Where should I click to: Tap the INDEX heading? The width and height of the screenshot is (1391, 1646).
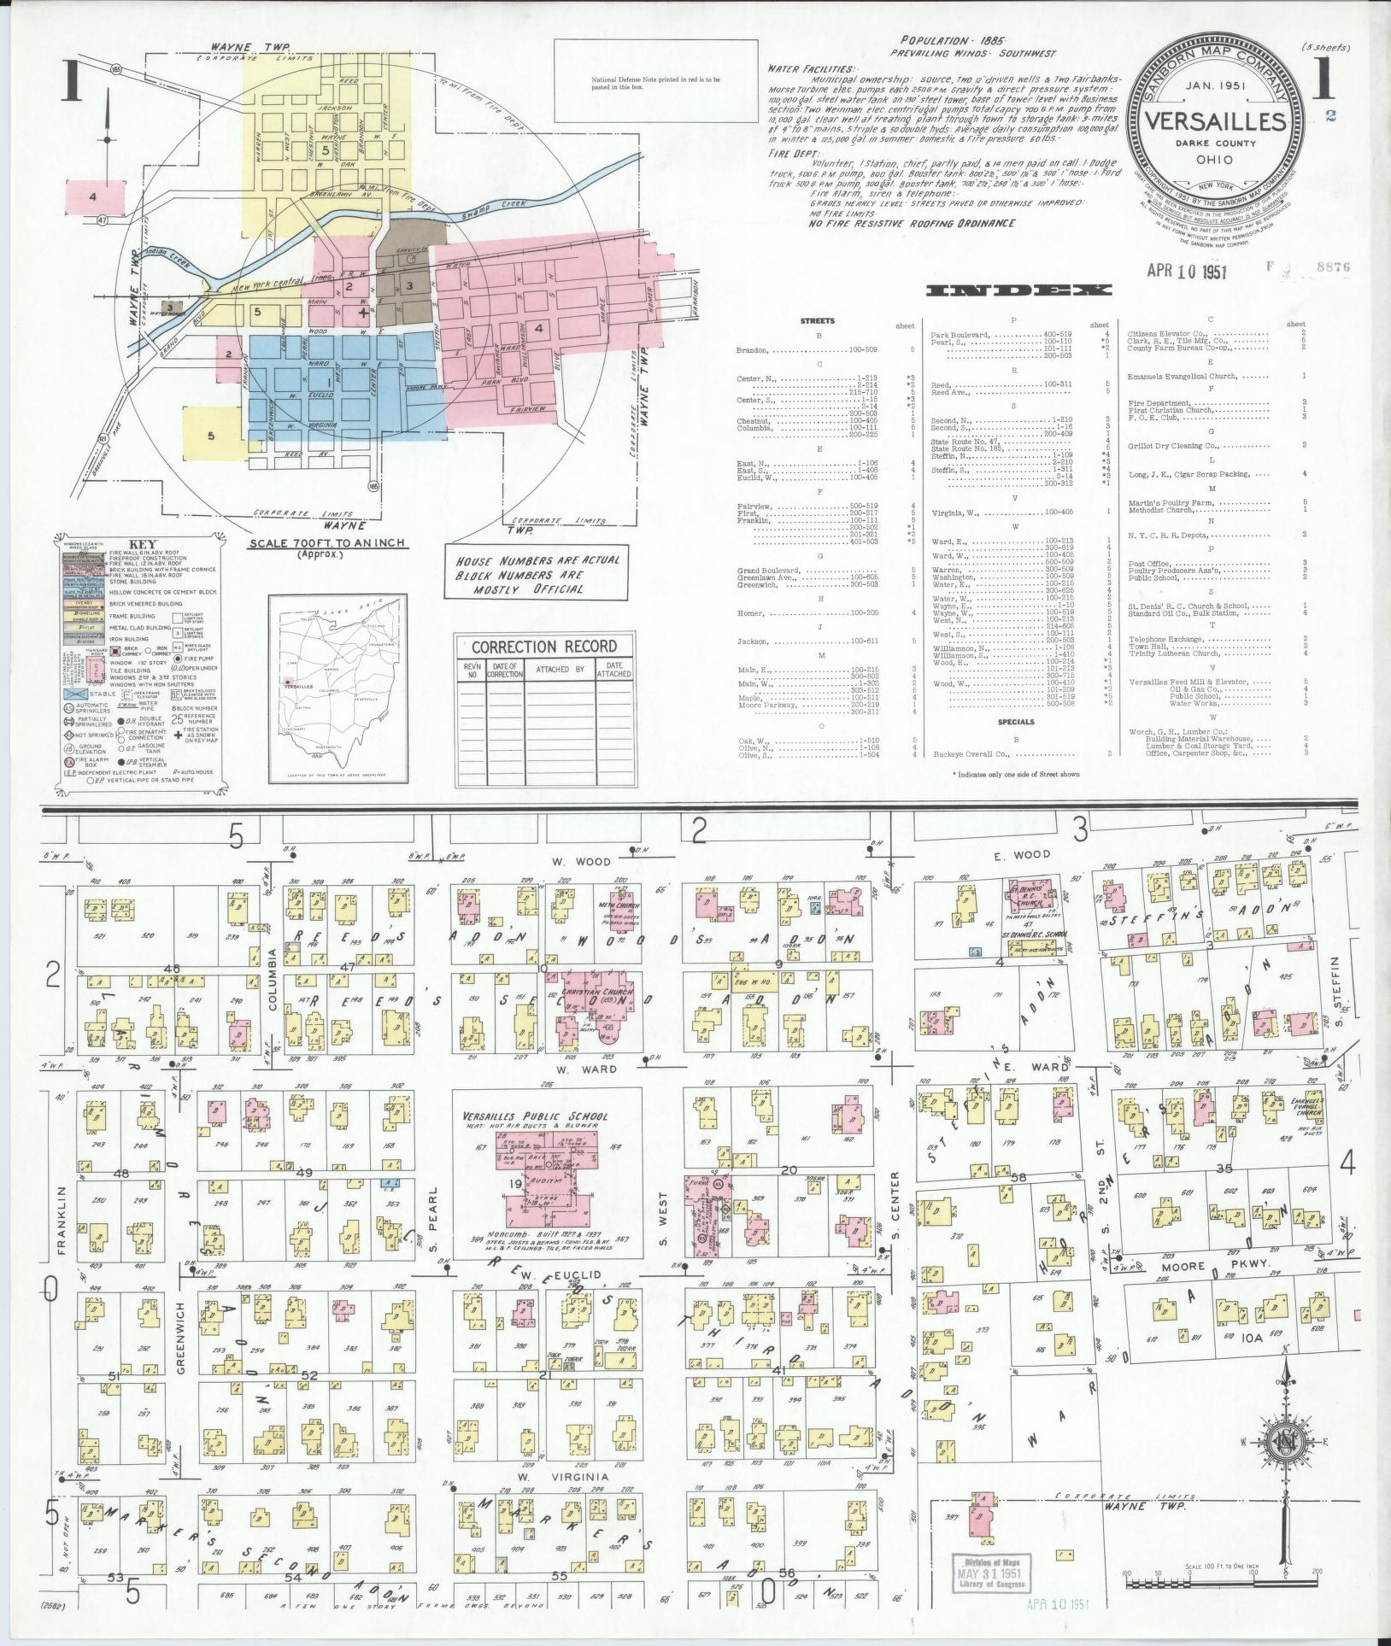(x=1019, y=291)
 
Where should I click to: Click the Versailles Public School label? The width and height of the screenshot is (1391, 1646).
(x=547, y=1116)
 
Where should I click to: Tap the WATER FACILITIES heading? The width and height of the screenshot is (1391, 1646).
(x=810, y=67)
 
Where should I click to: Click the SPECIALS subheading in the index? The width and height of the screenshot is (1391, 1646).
(x=1015, y=722)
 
